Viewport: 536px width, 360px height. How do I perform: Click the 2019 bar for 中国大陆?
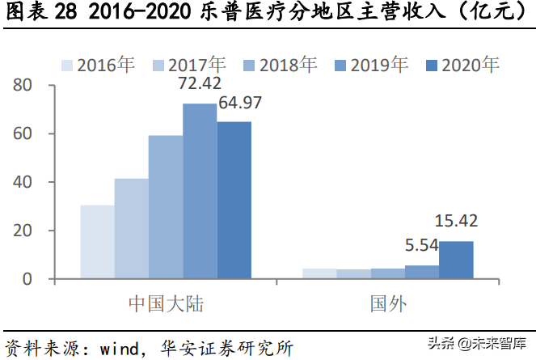pos(200,191)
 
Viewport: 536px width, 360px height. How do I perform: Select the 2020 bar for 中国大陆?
pos(234,200)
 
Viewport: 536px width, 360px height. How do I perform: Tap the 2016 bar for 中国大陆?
pos(97,242)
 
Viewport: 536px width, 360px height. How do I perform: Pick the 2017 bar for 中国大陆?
pos(131,229)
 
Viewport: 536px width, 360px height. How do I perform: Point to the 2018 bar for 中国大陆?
pos(165,207)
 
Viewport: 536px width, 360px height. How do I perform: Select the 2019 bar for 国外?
pos(422,272)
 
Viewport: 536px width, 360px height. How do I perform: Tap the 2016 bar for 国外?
pos(319,273)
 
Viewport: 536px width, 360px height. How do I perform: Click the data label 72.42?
pos(200,84)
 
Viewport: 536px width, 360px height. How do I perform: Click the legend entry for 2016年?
pos(98,65)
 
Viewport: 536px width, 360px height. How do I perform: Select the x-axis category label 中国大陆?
pos(166,304)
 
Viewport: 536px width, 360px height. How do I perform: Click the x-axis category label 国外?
pos(387,304)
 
